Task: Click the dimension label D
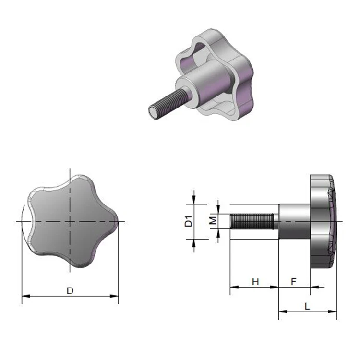coord(70,290)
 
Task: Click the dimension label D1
coord(189,221)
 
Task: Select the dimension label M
coord(211,221)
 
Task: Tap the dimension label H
coord(255,282)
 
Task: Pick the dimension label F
coord(294,282)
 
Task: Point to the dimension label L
coord(308,306)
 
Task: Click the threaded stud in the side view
coord(252,221)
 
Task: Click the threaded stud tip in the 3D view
coord(153,113)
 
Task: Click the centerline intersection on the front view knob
coord(70,221)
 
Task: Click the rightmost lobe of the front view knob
coord(113,221)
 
